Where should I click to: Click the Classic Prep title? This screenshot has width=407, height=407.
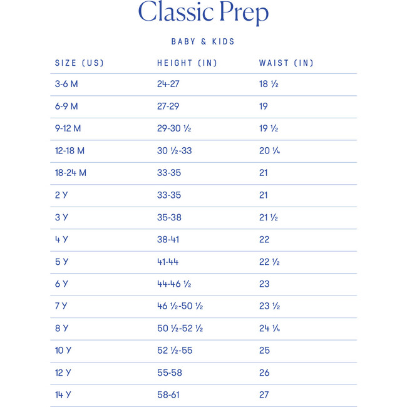tap(203, 13)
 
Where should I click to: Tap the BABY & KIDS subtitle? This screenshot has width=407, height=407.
tap(203, 42)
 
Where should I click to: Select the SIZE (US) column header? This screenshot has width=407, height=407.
tap(80, 63)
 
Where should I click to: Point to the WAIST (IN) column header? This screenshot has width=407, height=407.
tap(286, 63)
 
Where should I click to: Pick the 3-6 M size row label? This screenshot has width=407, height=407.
tap(66, 84)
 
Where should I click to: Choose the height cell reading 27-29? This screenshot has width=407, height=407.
tap(168, 106)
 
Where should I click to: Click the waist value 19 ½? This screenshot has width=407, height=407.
tap(269, 128)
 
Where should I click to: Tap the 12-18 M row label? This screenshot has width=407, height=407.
tap(70, 151)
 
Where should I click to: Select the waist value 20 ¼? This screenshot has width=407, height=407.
tap(269, 151)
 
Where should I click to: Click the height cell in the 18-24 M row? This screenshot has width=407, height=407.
tap(169, 173)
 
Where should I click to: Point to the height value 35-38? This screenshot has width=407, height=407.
tap(169, 217)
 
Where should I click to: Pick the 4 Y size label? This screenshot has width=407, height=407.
tap(61, 239)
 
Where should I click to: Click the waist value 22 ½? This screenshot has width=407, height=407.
tap(269, 262)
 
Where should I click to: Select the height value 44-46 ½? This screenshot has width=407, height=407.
tap(174, 284)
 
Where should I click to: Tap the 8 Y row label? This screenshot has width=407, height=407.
tap(61, 328)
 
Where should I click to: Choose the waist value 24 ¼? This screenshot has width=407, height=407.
tap(269, 328)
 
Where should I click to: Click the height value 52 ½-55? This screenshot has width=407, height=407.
tap(175, 351)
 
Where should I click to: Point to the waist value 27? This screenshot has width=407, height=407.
tap(264, 395)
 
